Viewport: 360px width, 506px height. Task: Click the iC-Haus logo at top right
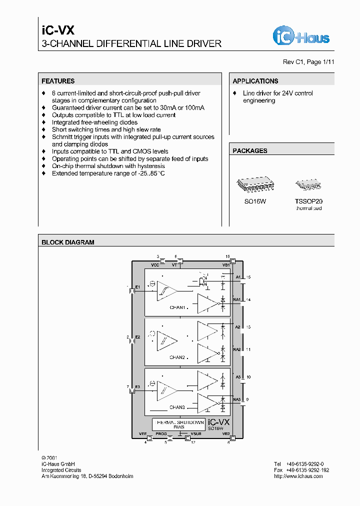[x=301, y=36]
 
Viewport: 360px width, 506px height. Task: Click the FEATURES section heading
[x=58, y=81]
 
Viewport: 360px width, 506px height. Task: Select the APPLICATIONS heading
[x=255, y=81]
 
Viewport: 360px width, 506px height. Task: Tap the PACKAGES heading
[x=250, y=150]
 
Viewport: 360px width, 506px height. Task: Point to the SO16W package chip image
[x=255, y=184]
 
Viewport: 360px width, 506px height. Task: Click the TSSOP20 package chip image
[x=308, y=184]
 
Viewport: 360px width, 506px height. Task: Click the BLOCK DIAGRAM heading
[x=67, y=242]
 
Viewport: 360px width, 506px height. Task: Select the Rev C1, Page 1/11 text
[x=308, y=62]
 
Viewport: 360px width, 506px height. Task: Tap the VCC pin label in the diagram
[x=155, y=265]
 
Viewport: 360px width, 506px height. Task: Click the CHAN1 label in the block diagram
[x=177, y=307]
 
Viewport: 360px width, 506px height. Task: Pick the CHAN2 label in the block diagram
[x=177, y=357]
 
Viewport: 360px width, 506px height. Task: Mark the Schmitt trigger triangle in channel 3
[x=166, y=390]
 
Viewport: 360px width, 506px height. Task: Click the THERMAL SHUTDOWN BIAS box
[x=178, y=424]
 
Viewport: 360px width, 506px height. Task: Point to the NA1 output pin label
[x=236, y=299]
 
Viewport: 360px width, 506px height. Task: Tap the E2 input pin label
[x=137, y=337]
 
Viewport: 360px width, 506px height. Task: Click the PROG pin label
[x=160, y=434]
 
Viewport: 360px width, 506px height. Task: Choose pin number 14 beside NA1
[x=248, y=299]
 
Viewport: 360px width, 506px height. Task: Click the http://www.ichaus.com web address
[x=298, y=476]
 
